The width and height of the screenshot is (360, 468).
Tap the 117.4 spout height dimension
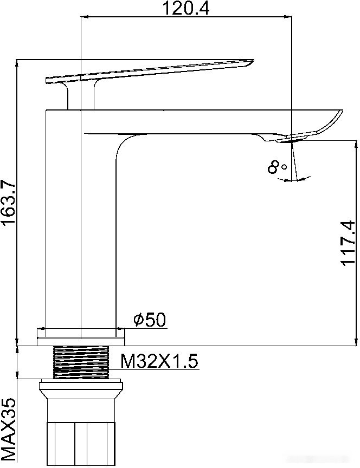click(348, 242)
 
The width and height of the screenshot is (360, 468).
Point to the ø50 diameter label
click(149, 321)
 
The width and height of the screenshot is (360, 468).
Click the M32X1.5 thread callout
click(159, 360)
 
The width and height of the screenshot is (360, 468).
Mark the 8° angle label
click(277, 167)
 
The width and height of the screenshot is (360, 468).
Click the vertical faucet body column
click(81, 227)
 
